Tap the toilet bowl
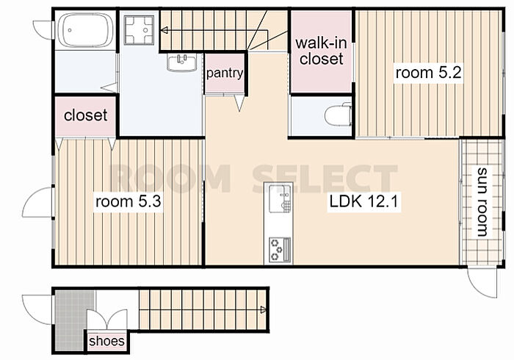click(338, 114)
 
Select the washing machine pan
click(139, 30)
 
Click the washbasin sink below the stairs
click(181, 62)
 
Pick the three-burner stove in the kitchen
click(280, 250)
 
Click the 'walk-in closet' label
click(321, 51)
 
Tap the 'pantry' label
click(225, 73)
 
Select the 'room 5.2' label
click(428, 73)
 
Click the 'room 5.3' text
click(128, 201)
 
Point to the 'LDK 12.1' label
click(364, 201)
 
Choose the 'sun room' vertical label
click(482, 202)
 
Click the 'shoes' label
click(106, 341)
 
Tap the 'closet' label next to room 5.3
click(86, 115)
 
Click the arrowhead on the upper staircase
click(164, 31)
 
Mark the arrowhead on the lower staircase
click(263, 309)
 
